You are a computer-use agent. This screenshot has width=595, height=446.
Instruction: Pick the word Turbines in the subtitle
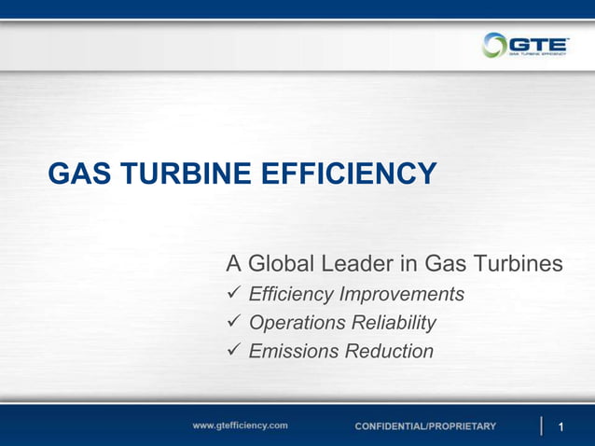(518, 264)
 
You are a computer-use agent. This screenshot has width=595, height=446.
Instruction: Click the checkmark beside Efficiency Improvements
(235, 295)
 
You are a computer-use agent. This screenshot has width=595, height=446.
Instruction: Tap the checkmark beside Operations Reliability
(235, 323)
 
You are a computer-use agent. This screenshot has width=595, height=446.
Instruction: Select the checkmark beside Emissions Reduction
(235, 352)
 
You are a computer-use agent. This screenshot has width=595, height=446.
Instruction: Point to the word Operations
(297, 323)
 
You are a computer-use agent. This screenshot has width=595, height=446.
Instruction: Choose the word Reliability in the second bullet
(393, 323)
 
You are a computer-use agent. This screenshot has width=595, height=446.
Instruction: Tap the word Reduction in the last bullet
(389, 352)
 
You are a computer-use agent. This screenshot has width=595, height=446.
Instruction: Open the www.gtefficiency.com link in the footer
(240, 425)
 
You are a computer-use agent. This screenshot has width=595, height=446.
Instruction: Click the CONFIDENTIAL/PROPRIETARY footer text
(425, 426)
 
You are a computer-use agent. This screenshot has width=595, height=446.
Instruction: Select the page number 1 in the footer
(561, 427)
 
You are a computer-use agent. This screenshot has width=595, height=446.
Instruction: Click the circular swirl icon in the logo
(494, 45)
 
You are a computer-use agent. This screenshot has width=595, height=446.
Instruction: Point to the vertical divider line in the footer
(542, 425)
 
